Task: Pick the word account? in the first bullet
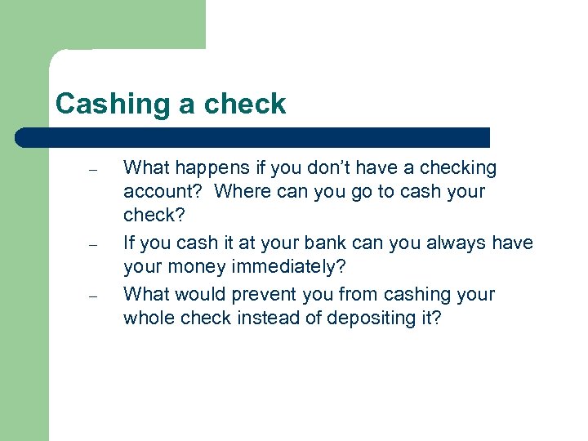[162, 192]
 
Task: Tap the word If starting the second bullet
[129, 243]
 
